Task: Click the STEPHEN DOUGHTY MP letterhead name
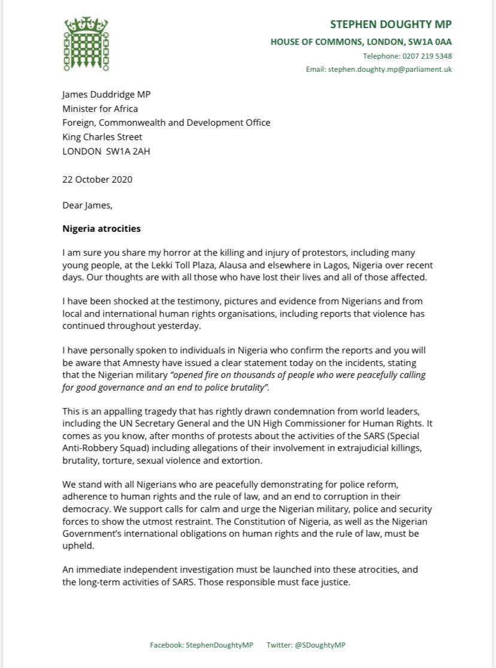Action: pyautogui.click(x=391, y=25)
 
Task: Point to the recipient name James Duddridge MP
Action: pyautogui.click(x=108, y=95)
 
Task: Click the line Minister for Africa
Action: pyautogui.click(x=100, y=108)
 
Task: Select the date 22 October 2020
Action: pyautogui.click(x=97, y=179)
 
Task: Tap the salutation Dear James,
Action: pyautogui.click(x=87, y=205)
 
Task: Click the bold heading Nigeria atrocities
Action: pyautogui.click(x=102, y=228)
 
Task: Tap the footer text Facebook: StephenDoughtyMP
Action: pyautogui.click(x=201, y=645)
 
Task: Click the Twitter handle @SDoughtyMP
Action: pyautogui.click(x=324, y=645)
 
